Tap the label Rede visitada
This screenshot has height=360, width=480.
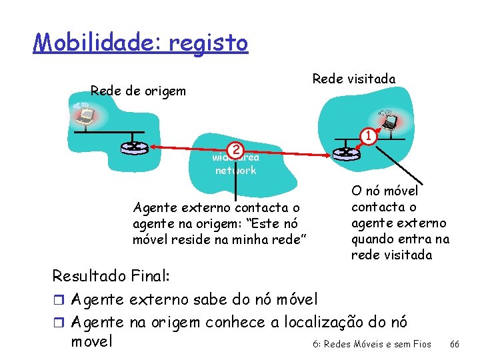pyautogui.click(x=353, y=79)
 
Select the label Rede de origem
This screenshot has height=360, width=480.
pyautogui.click(x=138, y=91)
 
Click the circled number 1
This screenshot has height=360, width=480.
pyautogui.click(x=366, y=135)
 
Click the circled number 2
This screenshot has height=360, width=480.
pyautogui.click(x=234, y=149)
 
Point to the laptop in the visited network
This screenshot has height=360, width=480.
pyautogui.click(x=388, y=121)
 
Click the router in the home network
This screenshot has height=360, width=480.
pyautogui.click(x=135, y=147)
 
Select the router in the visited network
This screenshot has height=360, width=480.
pyautogui.click(x=346, y=153)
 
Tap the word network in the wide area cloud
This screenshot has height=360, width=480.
pyautogui.click(x=235, y=170)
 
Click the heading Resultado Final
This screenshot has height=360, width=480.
pyautogui.click(x=111, y=275)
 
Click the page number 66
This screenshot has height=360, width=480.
pyautogui.click(x=455, y=344)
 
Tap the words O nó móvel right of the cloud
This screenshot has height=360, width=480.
pyautogui.click(x=385, y=192)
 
